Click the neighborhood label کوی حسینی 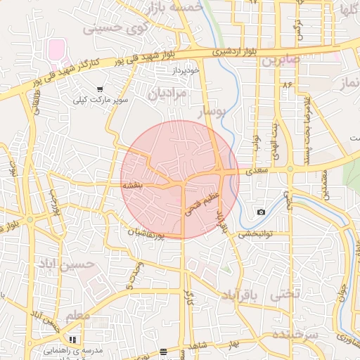tap(117, 28)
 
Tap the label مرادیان tap(168, 94)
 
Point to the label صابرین tap(281, 61)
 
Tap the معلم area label tap(77, 316)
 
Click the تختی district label tap(285, 294)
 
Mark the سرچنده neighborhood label tap(295, 333)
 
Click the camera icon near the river tap(261, 212)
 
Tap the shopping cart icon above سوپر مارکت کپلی tap(101, 89)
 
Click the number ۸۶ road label tap(286, 84)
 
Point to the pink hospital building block tap(56, 50)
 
